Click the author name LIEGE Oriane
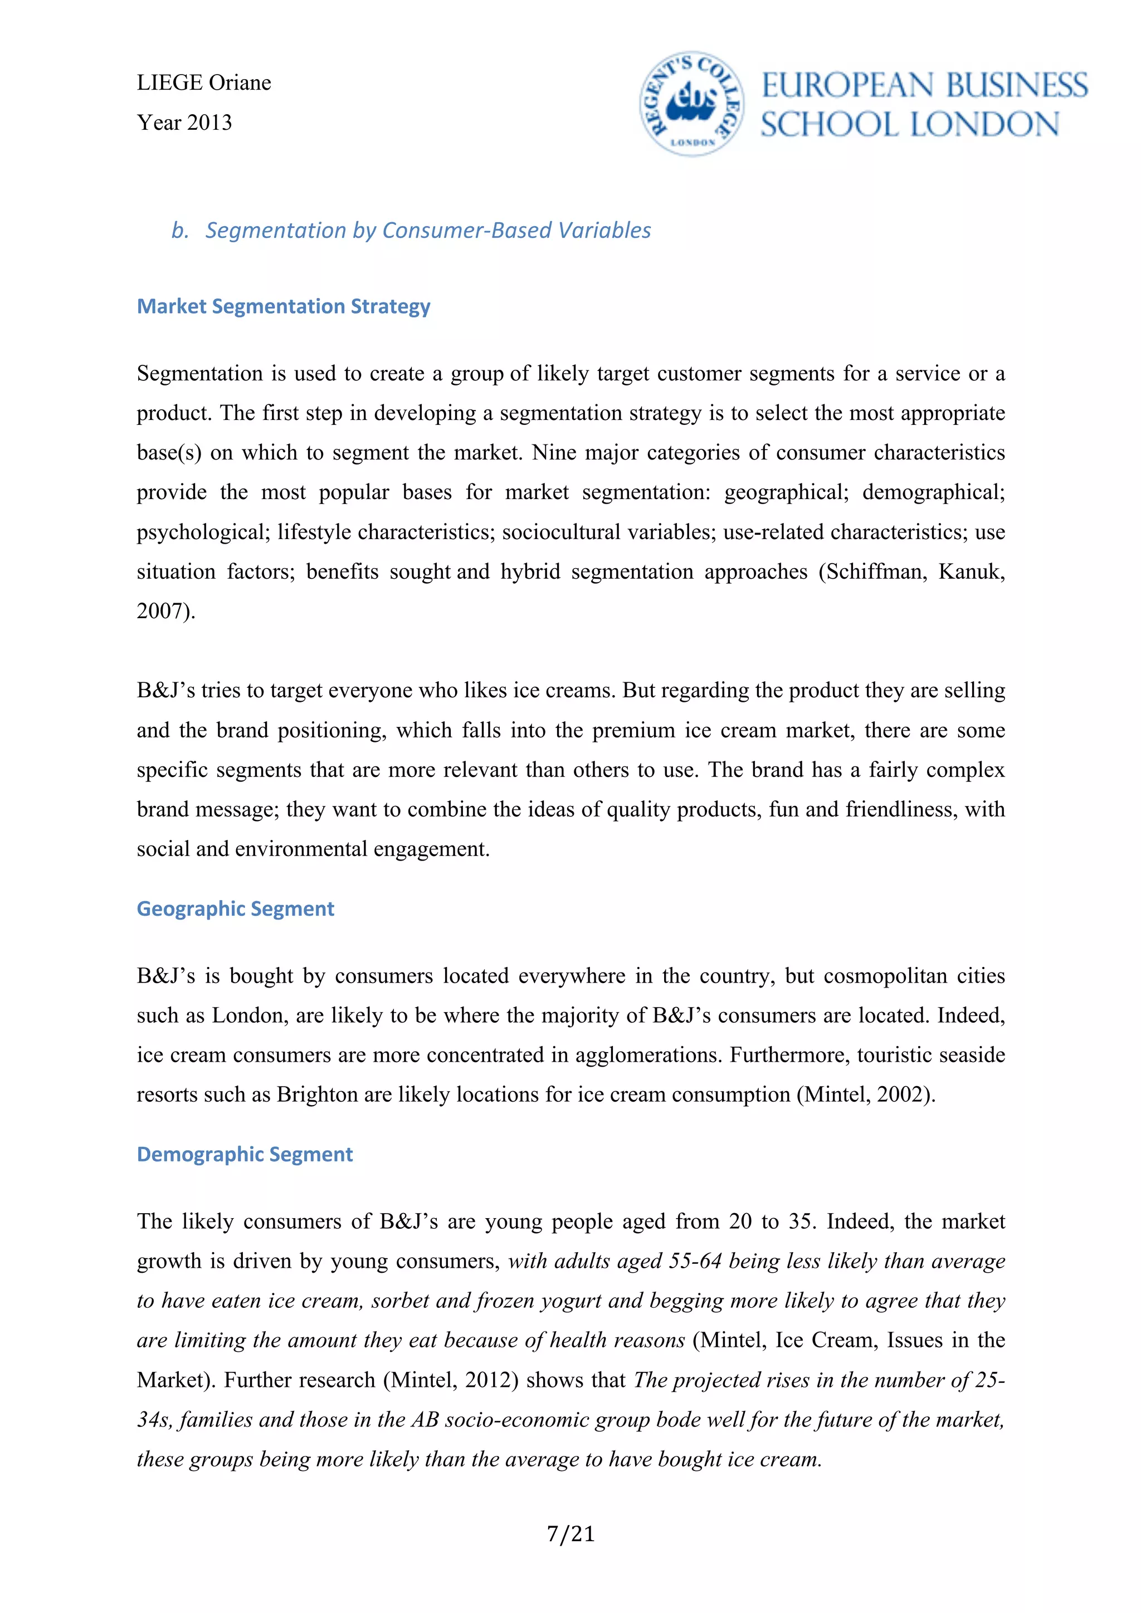(x=204, y=83)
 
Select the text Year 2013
(x=184, y=123)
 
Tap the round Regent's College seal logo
(x=691, y=105)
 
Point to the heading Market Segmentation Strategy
(x=283, y=306)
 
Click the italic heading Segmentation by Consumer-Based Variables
(x=427, y=231)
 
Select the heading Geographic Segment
(x=235, y=908)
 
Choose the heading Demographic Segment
(x=245, y=1154)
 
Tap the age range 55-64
(x=695, y=1261)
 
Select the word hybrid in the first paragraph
(x=530, y=571)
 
